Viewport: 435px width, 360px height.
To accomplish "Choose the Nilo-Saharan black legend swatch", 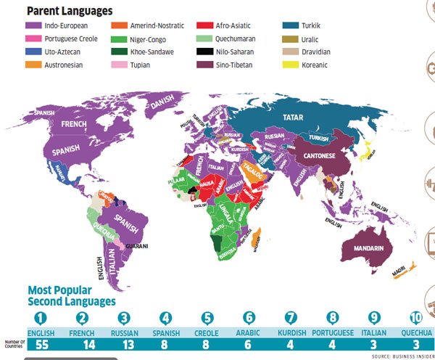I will tap(204, 52).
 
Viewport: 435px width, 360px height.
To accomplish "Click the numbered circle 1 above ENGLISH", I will tap(41, 316).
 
